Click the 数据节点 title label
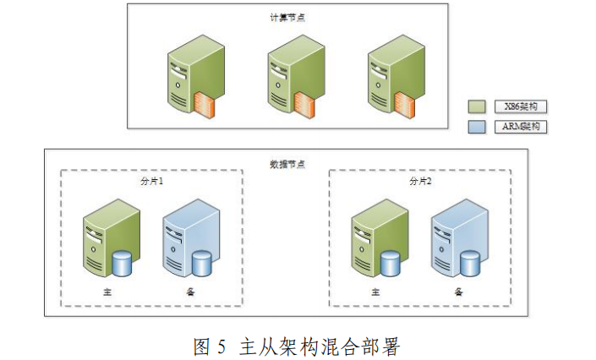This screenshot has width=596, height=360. (285, 161)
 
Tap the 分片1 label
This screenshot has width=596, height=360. (151, 180)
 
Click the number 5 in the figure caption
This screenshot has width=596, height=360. (222, 345)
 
